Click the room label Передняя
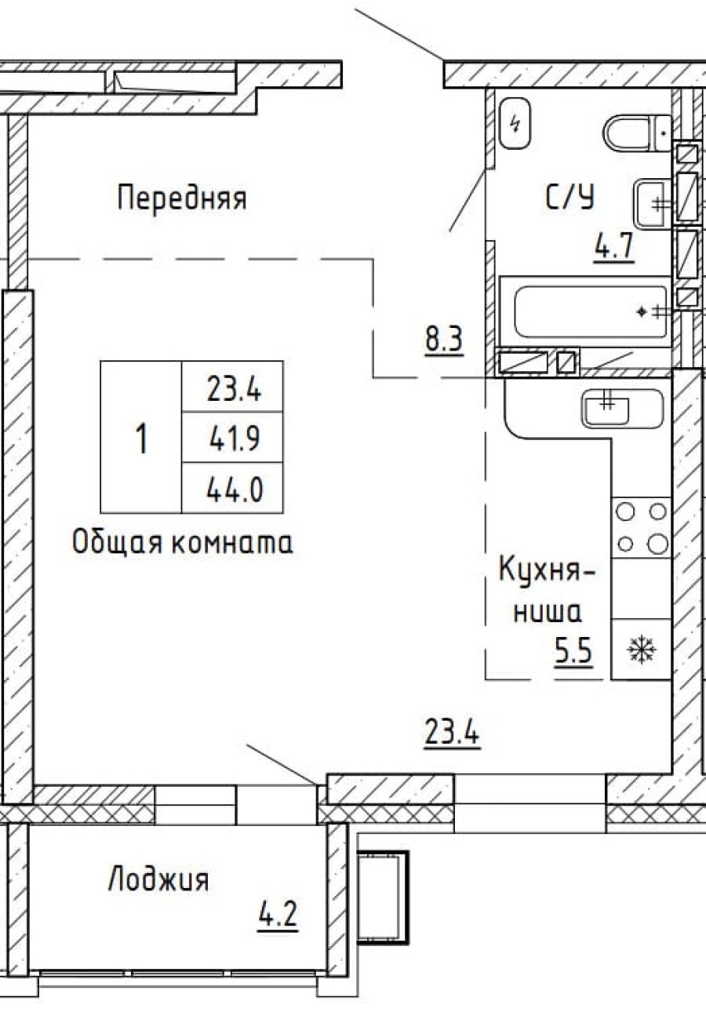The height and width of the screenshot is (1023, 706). pos(182,198)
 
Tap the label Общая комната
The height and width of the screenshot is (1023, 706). pos(182,543)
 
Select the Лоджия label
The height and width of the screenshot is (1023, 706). pos(158,879)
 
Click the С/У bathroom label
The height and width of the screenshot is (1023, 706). pos(570,198)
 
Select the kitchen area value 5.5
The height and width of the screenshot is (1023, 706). pos(573,651)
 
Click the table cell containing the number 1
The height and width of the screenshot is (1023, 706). pos(141,438)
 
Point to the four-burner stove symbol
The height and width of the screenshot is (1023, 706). pos(641,527)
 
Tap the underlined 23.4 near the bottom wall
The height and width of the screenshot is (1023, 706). pos(452,735)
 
